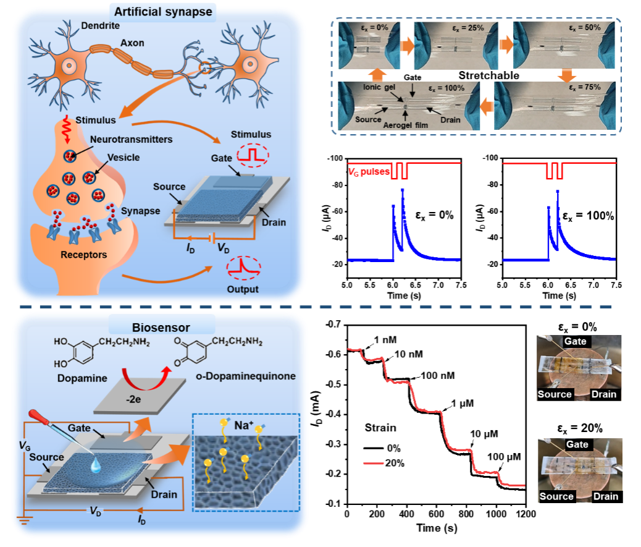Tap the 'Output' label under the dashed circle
[242, 289]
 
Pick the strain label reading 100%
[448, 88]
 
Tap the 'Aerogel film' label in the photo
[406, 120]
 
